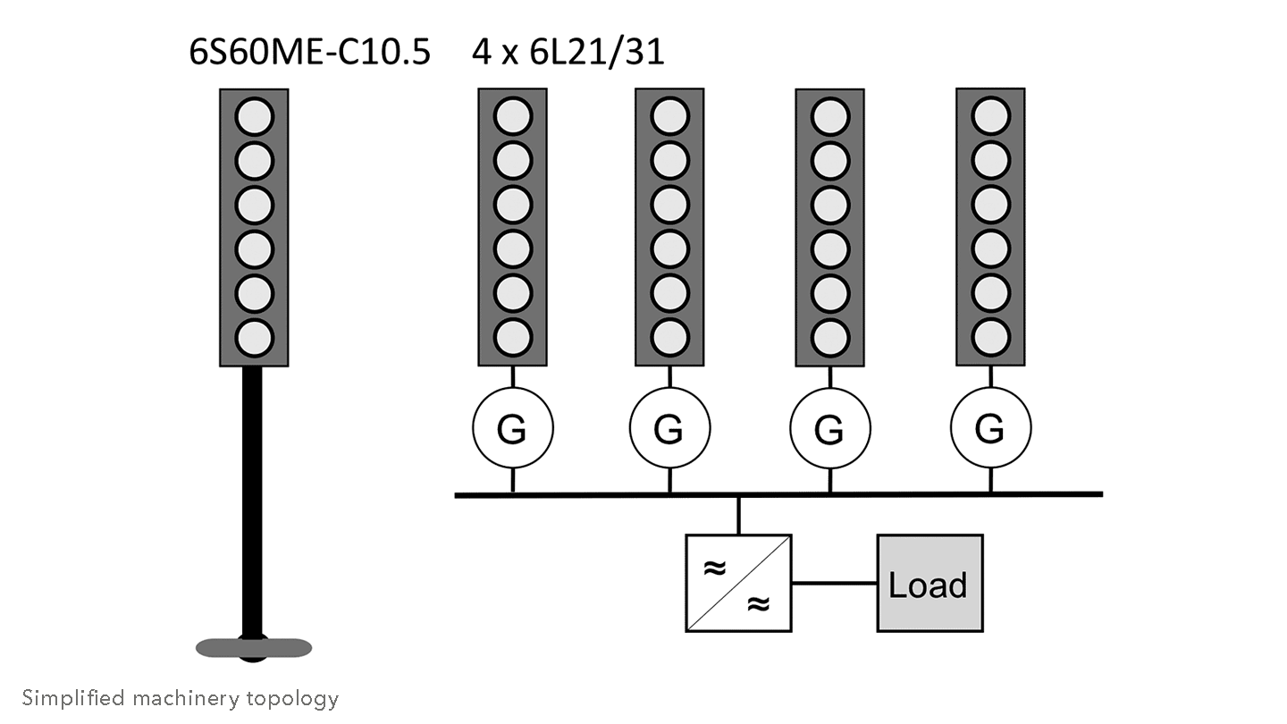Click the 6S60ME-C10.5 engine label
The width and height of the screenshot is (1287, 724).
pos(309,52)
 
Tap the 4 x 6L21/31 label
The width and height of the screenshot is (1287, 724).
pos(568,52)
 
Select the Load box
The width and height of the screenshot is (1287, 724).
pos(929,583)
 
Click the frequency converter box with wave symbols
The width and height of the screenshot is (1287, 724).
pos(738,583)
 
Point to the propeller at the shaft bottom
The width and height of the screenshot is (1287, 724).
pos(254,645)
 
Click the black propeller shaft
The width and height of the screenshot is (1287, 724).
pos(253,501)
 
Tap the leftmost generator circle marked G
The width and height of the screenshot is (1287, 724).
pos(512,430)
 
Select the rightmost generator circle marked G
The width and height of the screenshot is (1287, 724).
pos(990,429)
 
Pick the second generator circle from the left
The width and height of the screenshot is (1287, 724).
pos(669,429)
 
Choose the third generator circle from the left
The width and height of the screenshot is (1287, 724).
pos(829,430)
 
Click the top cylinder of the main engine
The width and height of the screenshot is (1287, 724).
pos(254,116)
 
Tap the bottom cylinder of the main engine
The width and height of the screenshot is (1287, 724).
pos(254,337)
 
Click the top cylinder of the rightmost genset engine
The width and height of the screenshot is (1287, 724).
pos(990,116)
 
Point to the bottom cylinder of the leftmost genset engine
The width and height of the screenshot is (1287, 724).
pos(512,337)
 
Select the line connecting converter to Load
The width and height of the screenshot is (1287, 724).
pos(834,583)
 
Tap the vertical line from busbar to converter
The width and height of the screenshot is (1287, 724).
pos(738,514)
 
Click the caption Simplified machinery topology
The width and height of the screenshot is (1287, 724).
pos(181,698)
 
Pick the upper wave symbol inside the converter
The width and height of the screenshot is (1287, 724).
pos(714,568)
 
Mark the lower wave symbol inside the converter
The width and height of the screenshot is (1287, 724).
pos(758,603)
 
